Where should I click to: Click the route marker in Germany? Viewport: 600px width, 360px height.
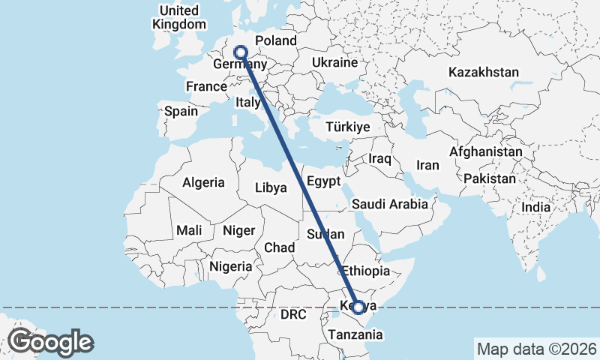pyautogui.click(x=241, y=52)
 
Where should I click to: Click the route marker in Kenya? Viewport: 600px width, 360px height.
pyautogui.click(x=358, y=307)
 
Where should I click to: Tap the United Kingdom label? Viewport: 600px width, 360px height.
pyautogui.click(x=178, y=17)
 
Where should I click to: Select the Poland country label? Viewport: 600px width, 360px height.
pyautogui.click(x=276, y=40)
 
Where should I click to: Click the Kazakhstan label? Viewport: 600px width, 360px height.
pyautogui.click(x=484, y=73)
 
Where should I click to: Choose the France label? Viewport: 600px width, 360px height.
pyautogui.click(x=206, y=86)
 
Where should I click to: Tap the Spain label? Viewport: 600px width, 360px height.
pyautogui.click(x=181, y=111)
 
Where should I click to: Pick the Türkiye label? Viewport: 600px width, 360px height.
pyautogui.click(x=348, y=127)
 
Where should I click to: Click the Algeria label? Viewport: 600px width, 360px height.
pyautogui.click(x=203, y=182)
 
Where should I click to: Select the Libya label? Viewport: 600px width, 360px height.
pyautogui.click(x=271, y=187)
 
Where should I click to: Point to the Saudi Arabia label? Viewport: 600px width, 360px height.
pyautogui.click(x=389, y=204)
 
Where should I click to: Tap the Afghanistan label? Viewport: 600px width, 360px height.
pyautogui.click(x=485, y=151)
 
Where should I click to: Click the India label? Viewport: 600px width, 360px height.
pyautogui.click(x=535, y=207)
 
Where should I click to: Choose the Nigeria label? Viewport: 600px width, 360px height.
pyautogui.click(x=231, y=266)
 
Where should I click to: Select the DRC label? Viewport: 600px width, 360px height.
pyautogui.click(x=294, y=314)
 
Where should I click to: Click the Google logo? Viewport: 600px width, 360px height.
pyautogui.click(x=50, y=342)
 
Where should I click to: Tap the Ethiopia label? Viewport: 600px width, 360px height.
pyautogui.click(x=366, y=271)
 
